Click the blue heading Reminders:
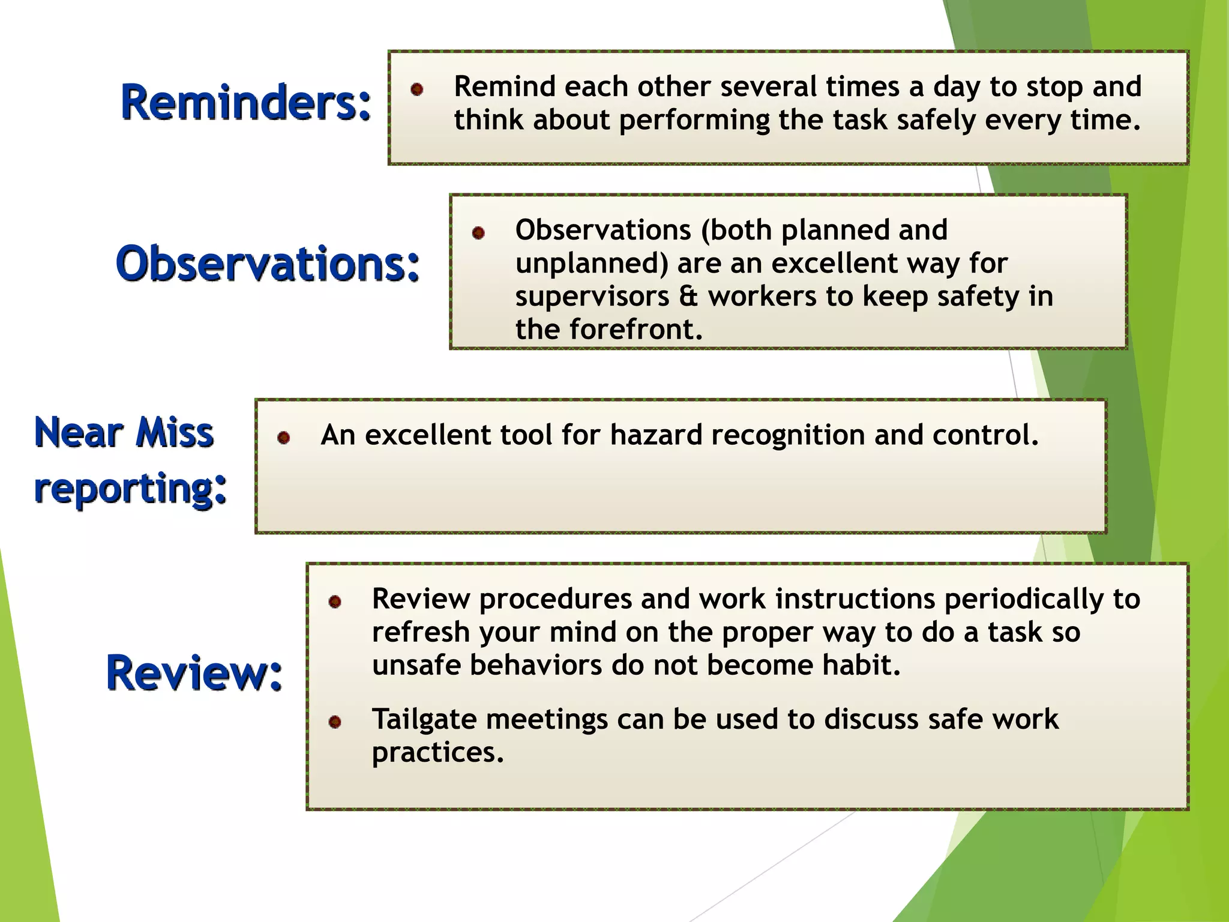[x=246, y=102]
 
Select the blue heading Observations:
[x=268, y=264]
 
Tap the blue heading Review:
[x=194, y=673]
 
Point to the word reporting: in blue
[x=131, y=489]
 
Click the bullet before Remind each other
[x=417, y=90]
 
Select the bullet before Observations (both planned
[x=478, y=233]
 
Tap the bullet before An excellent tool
[x=284, y=438]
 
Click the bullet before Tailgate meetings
[x=335, y=722]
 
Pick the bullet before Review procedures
[x=335, y=601]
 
